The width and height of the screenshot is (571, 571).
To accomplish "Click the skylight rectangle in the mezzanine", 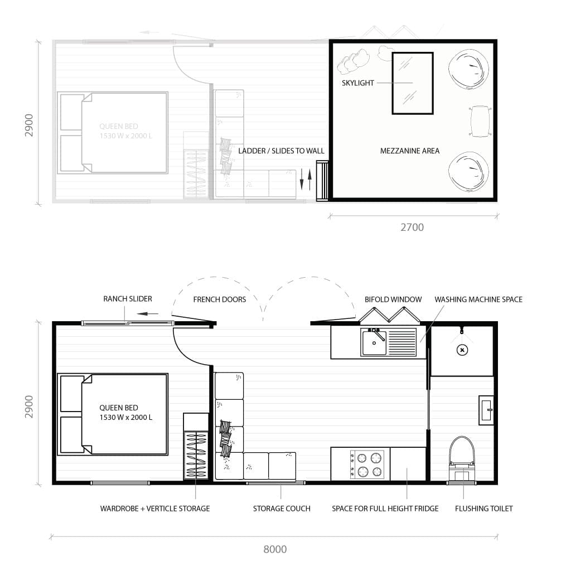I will pyautogui.click(x=413, y=83).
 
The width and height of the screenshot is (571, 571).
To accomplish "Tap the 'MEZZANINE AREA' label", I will pyautogui.click(x=410, y=151).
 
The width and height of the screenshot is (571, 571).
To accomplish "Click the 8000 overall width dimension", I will pyautogui.click(x=274, y=549).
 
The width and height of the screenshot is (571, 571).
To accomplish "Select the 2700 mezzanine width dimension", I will pyautogui.click(x=412, y=227).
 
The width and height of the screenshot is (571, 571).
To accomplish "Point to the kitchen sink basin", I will pyautogui.click(x=374, y=342).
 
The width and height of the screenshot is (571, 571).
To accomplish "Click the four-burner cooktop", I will pyautogui.click(x=367, y=464).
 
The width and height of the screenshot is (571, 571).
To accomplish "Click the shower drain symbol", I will pyautogui.click(x=462, y=350).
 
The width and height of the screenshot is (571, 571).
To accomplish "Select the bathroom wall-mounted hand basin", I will pyautogui.click(x=486, y=410).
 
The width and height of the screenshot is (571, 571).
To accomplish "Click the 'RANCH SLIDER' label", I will pyautogui.click(x=127, y=299).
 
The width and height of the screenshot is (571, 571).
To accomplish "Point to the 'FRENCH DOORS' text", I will pyautogui.click(x=219, y=299).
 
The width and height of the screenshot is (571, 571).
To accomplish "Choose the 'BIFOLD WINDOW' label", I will pyautogui.click(x=393, y=299).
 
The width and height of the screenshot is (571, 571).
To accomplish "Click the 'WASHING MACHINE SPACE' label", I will pyautogui.click(x=478, y=299).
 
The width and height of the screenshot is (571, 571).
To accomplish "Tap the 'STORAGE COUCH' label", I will pyautogui.click(x=282, y=509).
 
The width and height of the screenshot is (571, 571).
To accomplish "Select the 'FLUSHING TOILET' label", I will pyautogui.click(x=483, y=509).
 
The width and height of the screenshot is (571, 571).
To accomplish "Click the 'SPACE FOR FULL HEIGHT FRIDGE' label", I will pyautogui.click(x=385, y=509).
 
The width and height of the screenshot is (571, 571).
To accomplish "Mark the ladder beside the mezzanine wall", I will pyautogui.click(x=322, y=180).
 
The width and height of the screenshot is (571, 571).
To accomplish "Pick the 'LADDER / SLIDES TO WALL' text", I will pyautogui.click(x=281, y=151).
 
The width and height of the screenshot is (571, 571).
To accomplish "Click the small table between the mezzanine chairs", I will pyautogui.click(x=480, y=121).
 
